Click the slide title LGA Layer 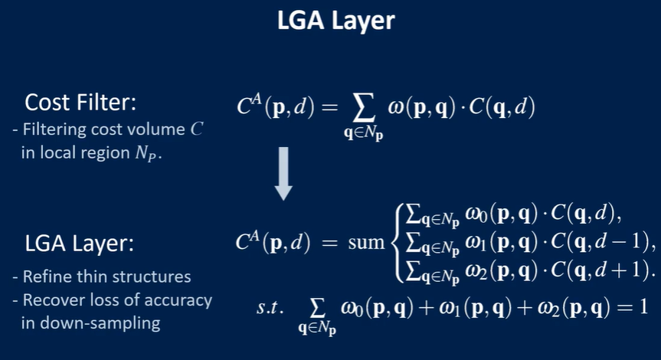(x=336, y=21)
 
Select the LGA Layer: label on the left (x=79, y=244)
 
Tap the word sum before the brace (x=365, y=244)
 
